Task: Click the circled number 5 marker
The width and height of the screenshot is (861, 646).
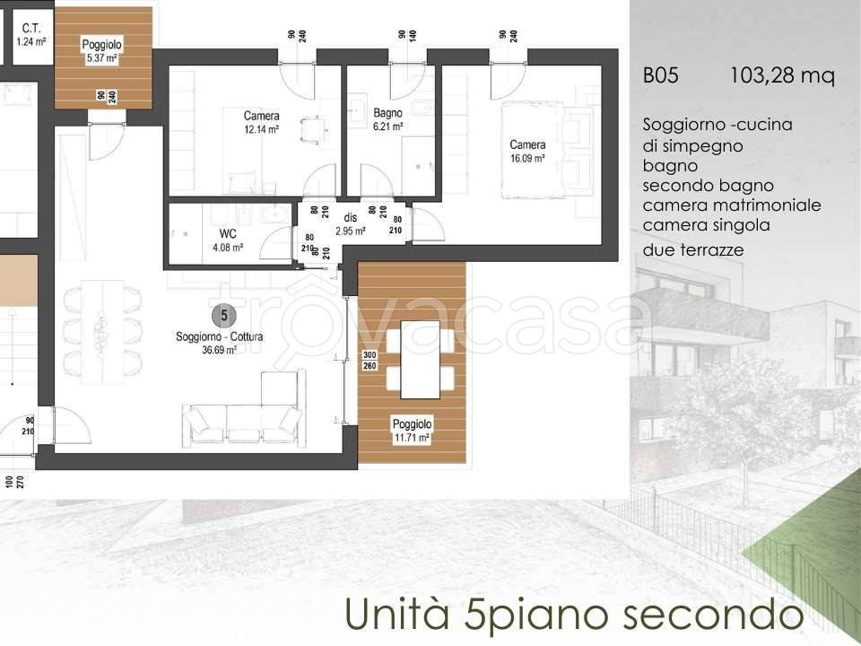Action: pos(223,315)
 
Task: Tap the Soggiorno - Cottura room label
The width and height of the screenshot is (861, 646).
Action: pos(206,337)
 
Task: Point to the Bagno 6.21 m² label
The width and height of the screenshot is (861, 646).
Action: pos(387,120)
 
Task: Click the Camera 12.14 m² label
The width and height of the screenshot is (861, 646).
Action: pos(261,122)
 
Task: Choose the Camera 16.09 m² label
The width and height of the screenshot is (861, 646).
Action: pos(527,151)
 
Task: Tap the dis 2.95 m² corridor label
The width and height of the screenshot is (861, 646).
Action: pos(350,224)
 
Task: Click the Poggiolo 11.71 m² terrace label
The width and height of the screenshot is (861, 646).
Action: pos(412,431)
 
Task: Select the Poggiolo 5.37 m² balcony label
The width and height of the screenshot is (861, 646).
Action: pos(101,51)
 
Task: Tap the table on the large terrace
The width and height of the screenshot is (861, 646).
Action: pos(420,359)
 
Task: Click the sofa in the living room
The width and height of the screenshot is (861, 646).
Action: pos(242,417)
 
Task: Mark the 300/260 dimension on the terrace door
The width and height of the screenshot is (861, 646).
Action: pos(369,361)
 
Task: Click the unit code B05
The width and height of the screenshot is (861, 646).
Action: pos(660,77)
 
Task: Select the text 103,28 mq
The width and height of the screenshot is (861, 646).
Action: pos(783,77)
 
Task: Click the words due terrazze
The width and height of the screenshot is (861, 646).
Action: pos(693,250)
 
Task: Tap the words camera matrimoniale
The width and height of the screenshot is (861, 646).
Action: pos(732,205)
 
